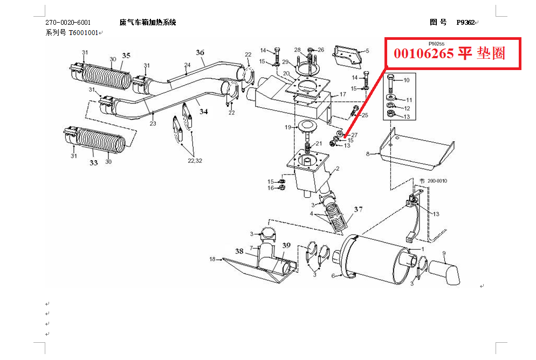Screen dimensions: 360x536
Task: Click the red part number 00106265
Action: click(424, 53)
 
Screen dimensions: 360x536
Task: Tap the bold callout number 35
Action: click(126, 56)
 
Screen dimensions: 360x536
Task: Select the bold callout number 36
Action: click(200, 52)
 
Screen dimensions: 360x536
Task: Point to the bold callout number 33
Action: click(94, 162)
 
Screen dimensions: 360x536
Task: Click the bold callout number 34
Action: click(203, 112)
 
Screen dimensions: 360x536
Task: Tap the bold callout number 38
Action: click(239, 251)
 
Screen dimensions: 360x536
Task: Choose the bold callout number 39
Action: click(286, 245)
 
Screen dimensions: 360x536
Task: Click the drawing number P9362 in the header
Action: click(465, 23)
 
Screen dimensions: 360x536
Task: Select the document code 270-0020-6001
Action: click(68, 23)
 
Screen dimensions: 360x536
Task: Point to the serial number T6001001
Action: click(84, 32)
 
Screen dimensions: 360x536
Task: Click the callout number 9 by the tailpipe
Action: click(444, 253)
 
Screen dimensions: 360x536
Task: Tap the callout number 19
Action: click(288, 127)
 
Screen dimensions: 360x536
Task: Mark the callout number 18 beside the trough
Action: click(212, 259)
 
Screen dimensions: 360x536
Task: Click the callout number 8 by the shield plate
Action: click(368, 154)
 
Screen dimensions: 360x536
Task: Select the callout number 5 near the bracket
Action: click(367, 51)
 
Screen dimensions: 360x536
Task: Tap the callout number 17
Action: click(342, 95)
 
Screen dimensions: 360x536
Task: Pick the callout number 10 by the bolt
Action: click(407, 80)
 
